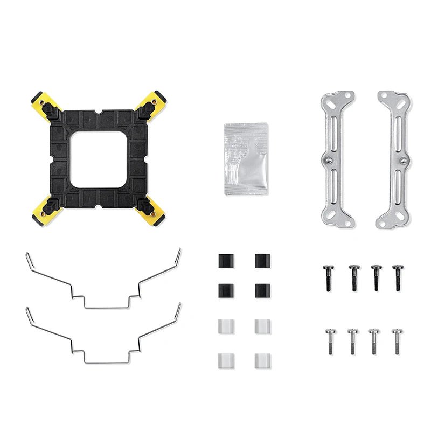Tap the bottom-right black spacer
[262, 290]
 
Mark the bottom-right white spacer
[262, 360]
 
